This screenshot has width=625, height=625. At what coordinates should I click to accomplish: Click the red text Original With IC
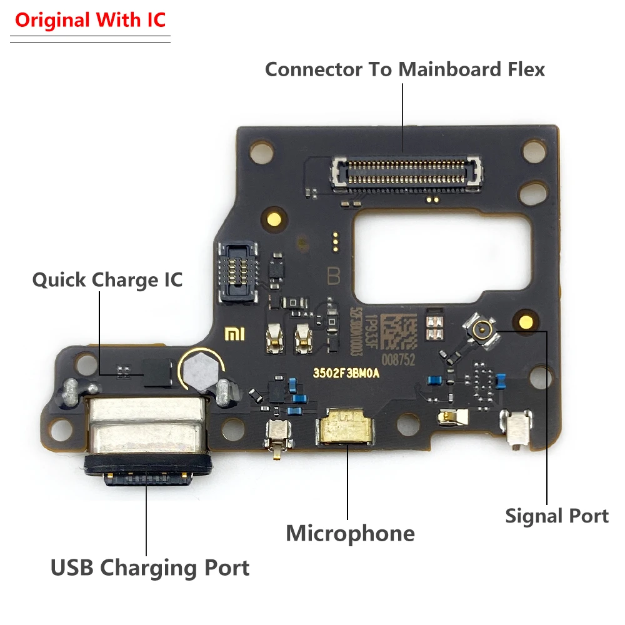tap(91, 20)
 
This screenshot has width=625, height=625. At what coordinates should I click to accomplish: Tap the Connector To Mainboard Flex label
tap(404, 69)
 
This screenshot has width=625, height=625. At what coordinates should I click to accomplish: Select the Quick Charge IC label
tap(107, 279)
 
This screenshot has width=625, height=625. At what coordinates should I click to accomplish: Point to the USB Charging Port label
tap(150, 568)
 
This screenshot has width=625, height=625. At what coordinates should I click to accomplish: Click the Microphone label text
tap(350, 533)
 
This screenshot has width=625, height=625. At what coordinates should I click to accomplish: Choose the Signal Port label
tap(556, 516)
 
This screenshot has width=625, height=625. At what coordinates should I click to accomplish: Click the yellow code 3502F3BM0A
tap(346, 373)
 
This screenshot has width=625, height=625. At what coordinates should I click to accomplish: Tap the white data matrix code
tap(398, 332)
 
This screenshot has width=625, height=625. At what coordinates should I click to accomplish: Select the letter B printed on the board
tap(332, 276)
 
